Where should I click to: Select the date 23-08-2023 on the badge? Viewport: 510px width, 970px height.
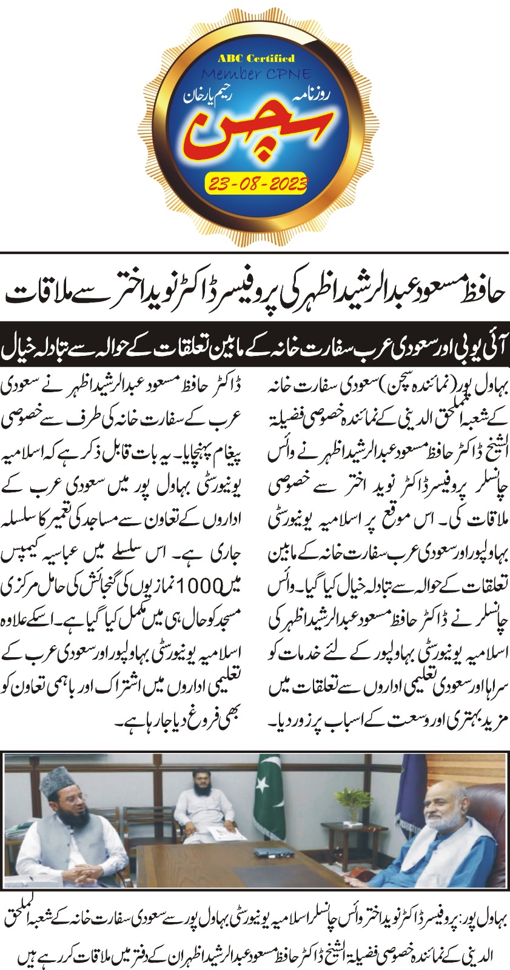256,182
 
